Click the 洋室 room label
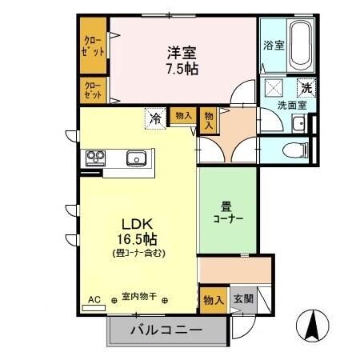(182, 52)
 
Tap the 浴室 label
(274, 46)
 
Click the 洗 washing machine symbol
(306, 88)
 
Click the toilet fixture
(298, 147)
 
